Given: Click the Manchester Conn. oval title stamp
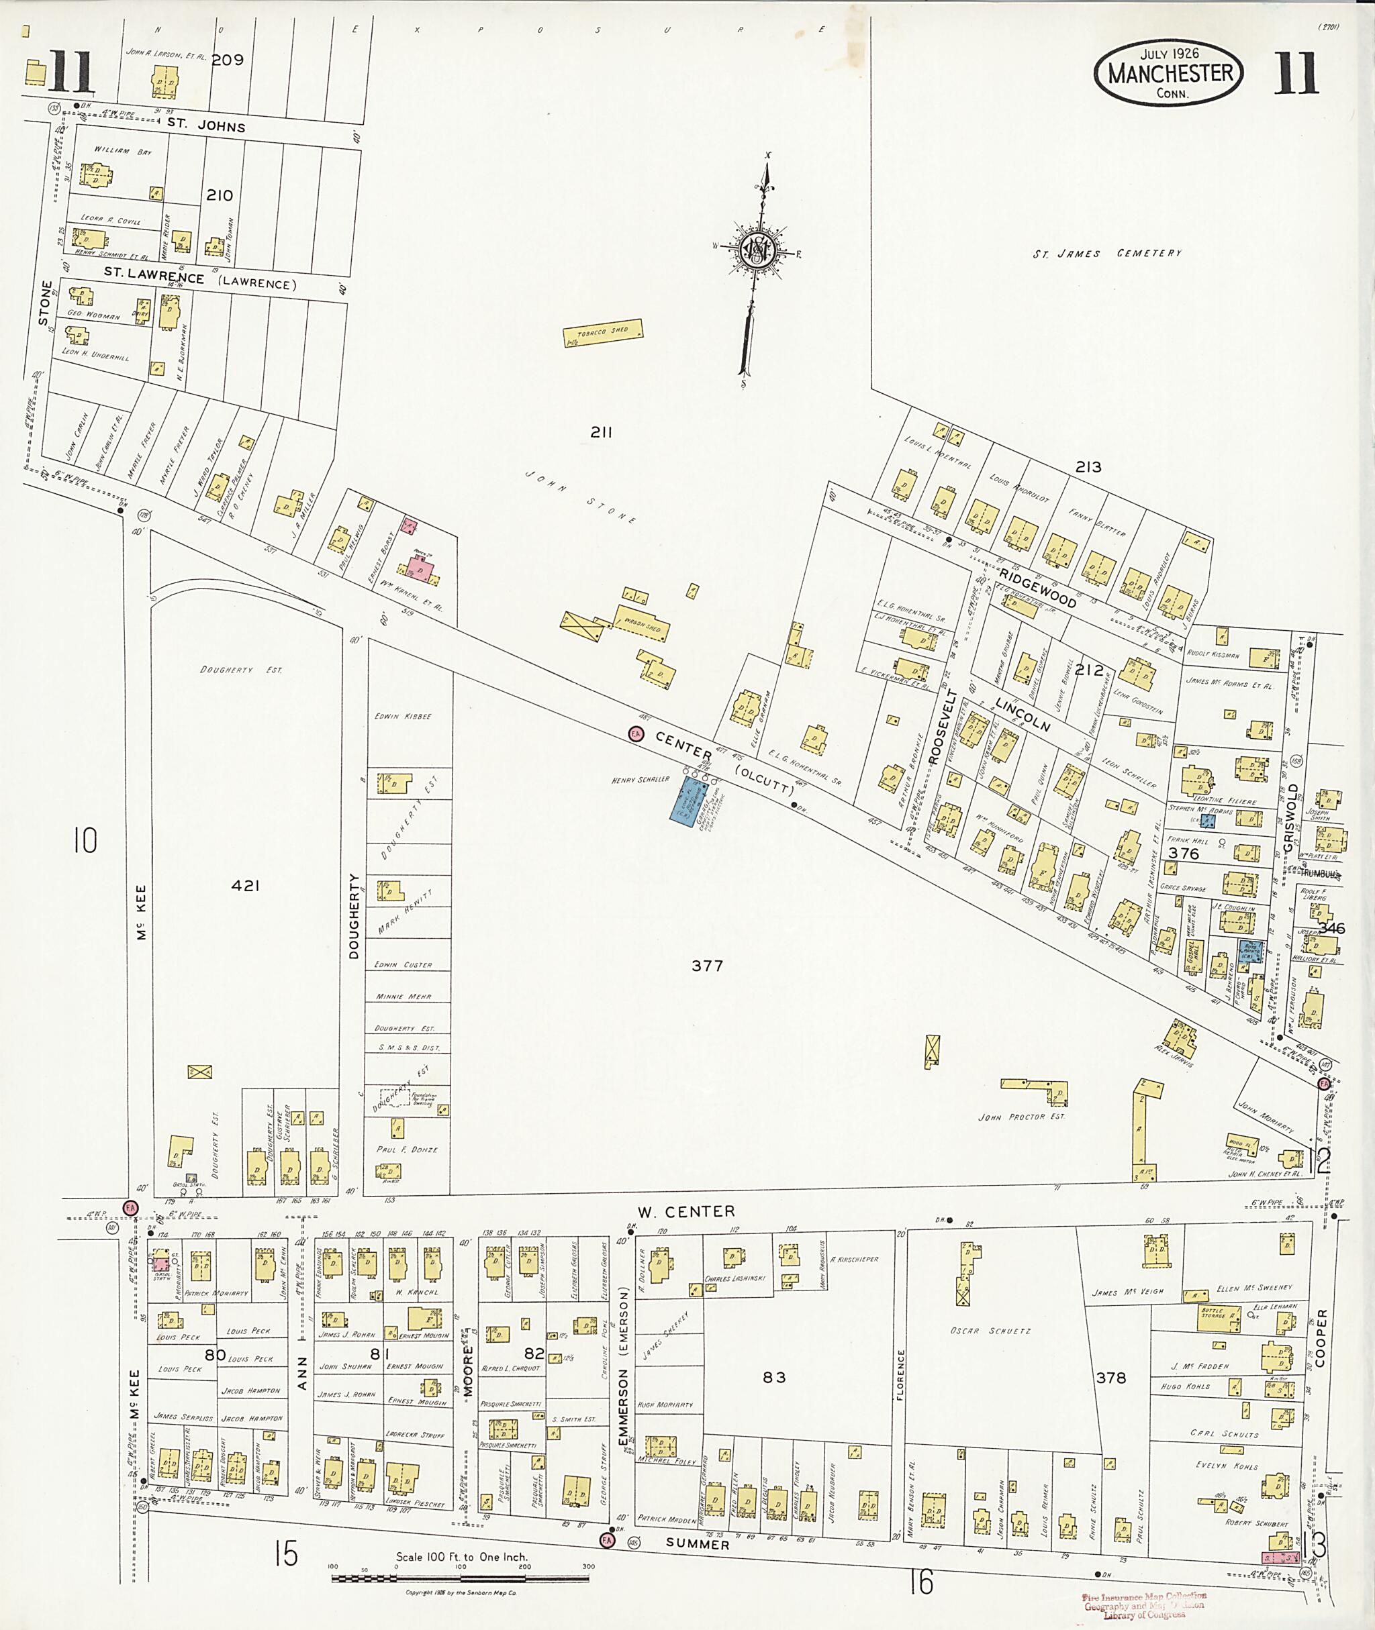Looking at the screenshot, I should pos(1168,73).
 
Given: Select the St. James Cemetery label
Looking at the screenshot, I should pos(1107,253).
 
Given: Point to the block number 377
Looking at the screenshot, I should pos(707,966).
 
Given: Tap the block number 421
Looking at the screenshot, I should pos(245,885).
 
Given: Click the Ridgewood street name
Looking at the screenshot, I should pos(1037,589).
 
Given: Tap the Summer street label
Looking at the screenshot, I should pos(698,1543).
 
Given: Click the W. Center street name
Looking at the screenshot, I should pos(686,1211).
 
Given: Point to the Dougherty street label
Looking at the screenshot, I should pos(354,916).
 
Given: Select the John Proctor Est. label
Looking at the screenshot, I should pos(1021,1117).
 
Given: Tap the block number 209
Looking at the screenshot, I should pos(228,59).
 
